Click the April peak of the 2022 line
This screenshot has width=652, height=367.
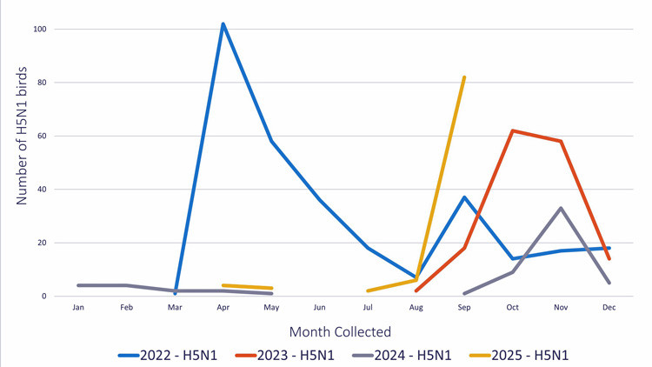tap(223, 23)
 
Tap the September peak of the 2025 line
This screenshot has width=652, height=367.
tap(464, 77)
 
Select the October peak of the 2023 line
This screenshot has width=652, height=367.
tap(513, 130)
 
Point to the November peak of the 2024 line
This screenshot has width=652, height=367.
tap(561, 208)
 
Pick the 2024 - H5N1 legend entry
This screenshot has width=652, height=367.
tap(401, 355)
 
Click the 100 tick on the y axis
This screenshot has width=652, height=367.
tap(39, 30)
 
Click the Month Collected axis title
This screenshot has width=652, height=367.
tap(340, 331)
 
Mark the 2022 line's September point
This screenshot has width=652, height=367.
tap(464, 197)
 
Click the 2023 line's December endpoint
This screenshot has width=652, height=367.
tap(609, 258)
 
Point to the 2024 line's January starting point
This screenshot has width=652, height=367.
tap(78, 285)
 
